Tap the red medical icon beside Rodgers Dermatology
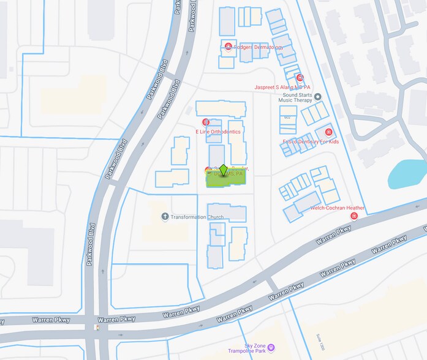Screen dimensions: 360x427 pos(229,47)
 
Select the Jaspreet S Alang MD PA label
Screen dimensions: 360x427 pos(282,88)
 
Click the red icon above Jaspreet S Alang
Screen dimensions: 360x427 pos(300,78)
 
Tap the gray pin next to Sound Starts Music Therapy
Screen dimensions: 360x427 pos(317,96)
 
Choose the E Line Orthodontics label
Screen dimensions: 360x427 pos(218,132)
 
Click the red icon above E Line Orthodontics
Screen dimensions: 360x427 pos(206,122)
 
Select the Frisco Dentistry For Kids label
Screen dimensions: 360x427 pos(311,142)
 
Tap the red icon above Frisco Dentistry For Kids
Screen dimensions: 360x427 pos(328,132)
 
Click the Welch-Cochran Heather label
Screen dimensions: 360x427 pos(338,208)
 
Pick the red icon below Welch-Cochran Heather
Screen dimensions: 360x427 pos(354,216)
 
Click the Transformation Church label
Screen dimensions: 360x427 pos(197,217)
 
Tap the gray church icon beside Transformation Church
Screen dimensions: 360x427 pos(165,217)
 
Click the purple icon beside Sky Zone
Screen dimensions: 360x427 pos(271,348)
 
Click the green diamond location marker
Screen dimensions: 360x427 pos(224,171)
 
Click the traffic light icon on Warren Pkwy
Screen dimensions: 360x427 pos(95,327)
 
